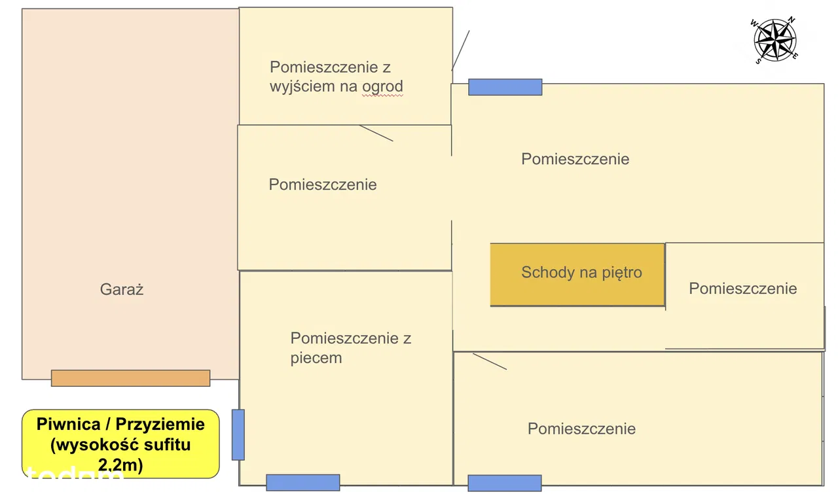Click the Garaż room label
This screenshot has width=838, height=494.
[x=122, y=289]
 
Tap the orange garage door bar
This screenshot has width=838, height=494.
[x=130, y=378]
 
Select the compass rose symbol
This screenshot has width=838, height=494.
[x=774, y=40]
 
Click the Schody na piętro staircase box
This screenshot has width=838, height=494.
[x=577, y=274]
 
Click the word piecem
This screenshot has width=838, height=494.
[x=316, y=358]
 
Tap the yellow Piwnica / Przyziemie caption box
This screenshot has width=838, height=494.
[x=120, y=444]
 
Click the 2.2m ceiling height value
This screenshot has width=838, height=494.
[x=120, y=465]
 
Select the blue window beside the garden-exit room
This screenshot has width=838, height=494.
[x=505, y=87]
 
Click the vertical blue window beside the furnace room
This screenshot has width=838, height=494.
[x=238, y=434]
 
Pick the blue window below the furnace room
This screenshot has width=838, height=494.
[x=303, y=482]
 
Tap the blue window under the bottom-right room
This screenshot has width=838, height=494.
[x=505, y=483]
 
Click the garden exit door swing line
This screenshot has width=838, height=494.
[x=461, y=50]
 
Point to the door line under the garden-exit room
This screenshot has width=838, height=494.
[x=376, y=133]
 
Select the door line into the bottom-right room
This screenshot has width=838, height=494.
[x=490, y=361]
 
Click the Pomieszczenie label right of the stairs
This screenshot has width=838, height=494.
[x=743, y=289]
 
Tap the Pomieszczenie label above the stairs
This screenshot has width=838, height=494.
[x=575, y=159]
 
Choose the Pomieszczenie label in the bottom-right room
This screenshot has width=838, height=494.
[x=581, y=429]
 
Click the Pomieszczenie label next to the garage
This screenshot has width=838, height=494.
[x=323, y=185]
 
